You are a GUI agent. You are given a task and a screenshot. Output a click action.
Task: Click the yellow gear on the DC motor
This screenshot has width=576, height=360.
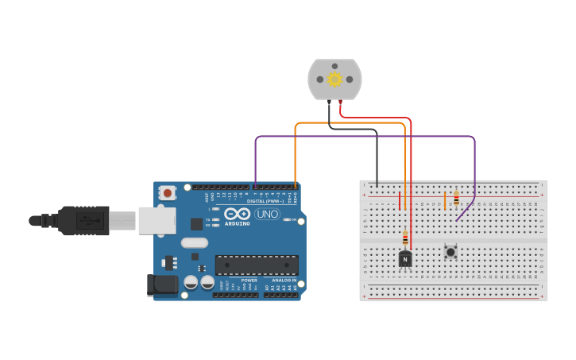coord(334,79)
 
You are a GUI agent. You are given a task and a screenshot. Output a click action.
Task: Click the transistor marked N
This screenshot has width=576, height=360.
coord(405,258)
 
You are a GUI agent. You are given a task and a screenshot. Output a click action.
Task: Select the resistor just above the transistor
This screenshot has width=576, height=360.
coord(405,238)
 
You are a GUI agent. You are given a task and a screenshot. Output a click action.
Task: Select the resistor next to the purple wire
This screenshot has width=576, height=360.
coord(456,198)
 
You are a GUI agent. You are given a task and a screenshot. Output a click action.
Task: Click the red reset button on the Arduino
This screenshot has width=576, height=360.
coord(167,192)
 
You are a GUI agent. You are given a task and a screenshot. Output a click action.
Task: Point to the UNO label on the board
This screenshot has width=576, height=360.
coord(267,214)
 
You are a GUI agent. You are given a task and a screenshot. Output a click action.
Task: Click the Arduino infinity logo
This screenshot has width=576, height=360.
coord(237,213)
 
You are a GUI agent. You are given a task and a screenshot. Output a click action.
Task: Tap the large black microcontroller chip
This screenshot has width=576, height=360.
coord(257,265)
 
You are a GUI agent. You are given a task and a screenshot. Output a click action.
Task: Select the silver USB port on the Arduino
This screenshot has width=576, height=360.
coord(157,221)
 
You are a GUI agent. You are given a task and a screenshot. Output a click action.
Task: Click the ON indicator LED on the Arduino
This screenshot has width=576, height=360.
coord(285,220)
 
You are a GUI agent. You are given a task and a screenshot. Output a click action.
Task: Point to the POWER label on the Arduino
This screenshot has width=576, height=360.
coord(249,281)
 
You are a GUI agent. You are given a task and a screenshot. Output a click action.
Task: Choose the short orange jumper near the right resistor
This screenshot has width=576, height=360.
coord(445,199)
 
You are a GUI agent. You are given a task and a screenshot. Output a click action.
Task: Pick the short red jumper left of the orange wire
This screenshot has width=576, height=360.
coord(400,200)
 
